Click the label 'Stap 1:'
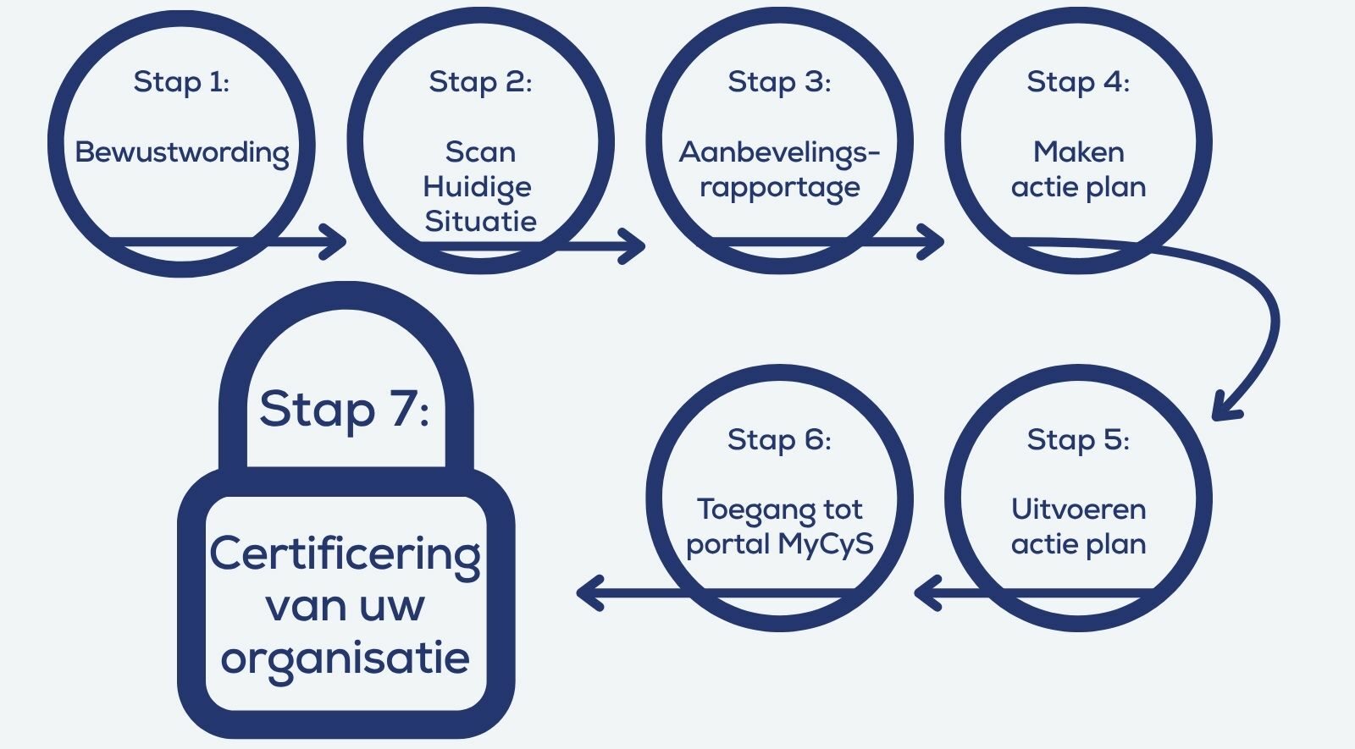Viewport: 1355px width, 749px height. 181,82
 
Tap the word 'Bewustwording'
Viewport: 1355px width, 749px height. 182,153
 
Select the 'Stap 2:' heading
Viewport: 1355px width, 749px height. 480,82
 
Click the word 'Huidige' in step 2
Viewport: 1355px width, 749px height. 478,187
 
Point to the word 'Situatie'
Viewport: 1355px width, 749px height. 480,221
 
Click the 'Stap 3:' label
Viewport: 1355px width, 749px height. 779,82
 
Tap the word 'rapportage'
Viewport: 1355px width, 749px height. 780,187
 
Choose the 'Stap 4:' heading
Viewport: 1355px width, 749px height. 1078,82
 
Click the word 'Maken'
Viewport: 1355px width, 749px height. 1079,151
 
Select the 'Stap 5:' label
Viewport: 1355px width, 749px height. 1078,439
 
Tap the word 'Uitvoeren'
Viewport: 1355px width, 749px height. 1079,509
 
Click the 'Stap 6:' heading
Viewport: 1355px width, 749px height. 779,439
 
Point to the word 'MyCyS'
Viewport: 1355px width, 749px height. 826,545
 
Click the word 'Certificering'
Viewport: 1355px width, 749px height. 346,556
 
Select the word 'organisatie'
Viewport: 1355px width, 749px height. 346,659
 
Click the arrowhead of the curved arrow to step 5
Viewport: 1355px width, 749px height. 1225,408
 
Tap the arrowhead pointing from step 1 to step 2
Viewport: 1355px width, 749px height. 335,242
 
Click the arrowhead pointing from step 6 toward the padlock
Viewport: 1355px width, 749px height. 588,593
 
